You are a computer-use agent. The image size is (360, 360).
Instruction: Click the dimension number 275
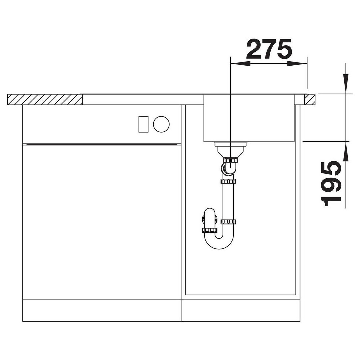tap(269, 49)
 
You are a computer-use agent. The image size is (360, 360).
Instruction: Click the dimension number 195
tap(331, 183)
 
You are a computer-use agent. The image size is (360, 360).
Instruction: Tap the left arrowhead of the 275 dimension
tap(240, 64)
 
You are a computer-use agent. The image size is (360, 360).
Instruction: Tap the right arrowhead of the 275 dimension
tap(297, 64)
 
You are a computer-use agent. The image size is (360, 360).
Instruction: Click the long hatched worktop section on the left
tap(45, 99)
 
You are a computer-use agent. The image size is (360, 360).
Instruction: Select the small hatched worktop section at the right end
tap(310, 99)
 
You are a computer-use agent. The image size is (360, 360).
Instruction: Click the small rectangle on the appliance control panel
tap(143, 124)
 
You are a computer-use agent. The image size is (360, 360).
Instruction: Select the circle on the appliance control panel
tap(161, 124)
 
